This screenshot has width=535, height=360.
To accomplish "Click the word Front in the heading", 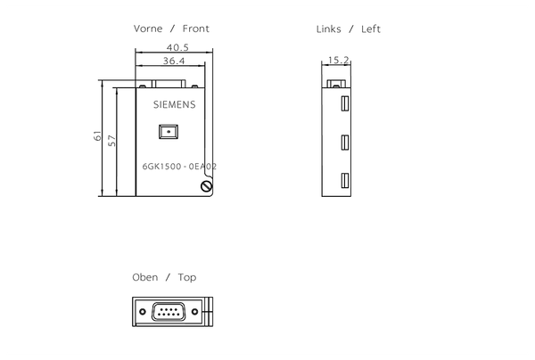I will tap(196, 29).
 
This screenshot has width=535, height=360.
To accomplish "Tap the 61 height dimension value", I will tap(97, 136).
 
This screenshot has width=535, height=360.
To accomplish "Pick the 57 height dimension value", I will tap(113, 141).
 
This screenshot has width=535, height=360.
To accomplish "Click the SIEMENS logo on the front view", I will tap(172, 104).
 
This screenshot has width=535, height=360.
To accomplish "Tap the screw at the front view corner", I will tap(207, 186).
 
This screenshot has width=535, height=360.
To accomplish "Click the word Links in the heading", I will tap(329, 29).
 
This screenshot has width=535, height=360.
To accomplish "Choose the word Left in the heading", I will tap(371, 29).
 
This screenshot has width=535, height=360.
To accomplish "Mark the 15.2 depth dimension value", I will tap(339, 61).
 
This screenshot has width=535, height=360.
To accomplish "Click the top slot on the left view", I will tap(342, 103).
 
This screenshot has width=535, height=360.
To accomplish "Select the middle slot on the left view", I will tap(342, 143).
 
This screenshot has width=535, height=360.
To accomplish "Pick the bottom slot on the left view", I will tap(342, 181).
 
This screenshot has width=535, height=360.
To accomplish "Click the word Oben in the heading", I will tap(144, 277).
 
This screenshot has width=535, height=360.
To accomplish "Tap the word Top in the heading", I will tap(187, 277).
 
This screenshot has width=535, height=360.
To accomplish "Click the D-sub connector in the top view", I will tap(170, 311).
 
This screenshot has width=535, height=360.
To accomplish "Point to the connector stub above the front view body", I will tap(169, 84).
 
